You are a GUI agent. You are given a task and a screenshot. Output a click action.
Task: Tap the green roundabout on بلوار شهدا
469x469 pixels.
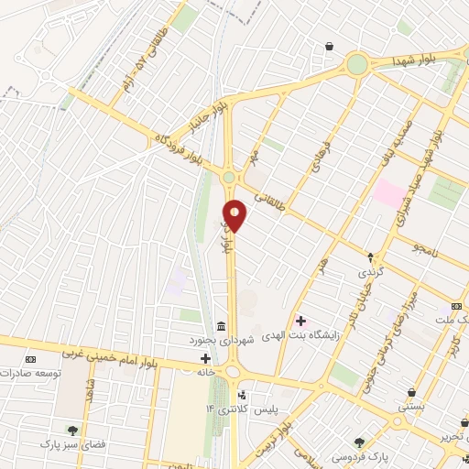coord(356,64)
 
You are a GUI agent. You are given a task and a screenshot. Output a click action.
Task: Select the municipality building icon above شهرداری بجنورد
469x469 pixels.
coord(221,327)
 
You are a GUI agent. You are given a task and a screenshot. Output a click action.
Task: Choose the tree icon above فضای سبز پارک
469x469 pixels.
coord(71,429)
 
